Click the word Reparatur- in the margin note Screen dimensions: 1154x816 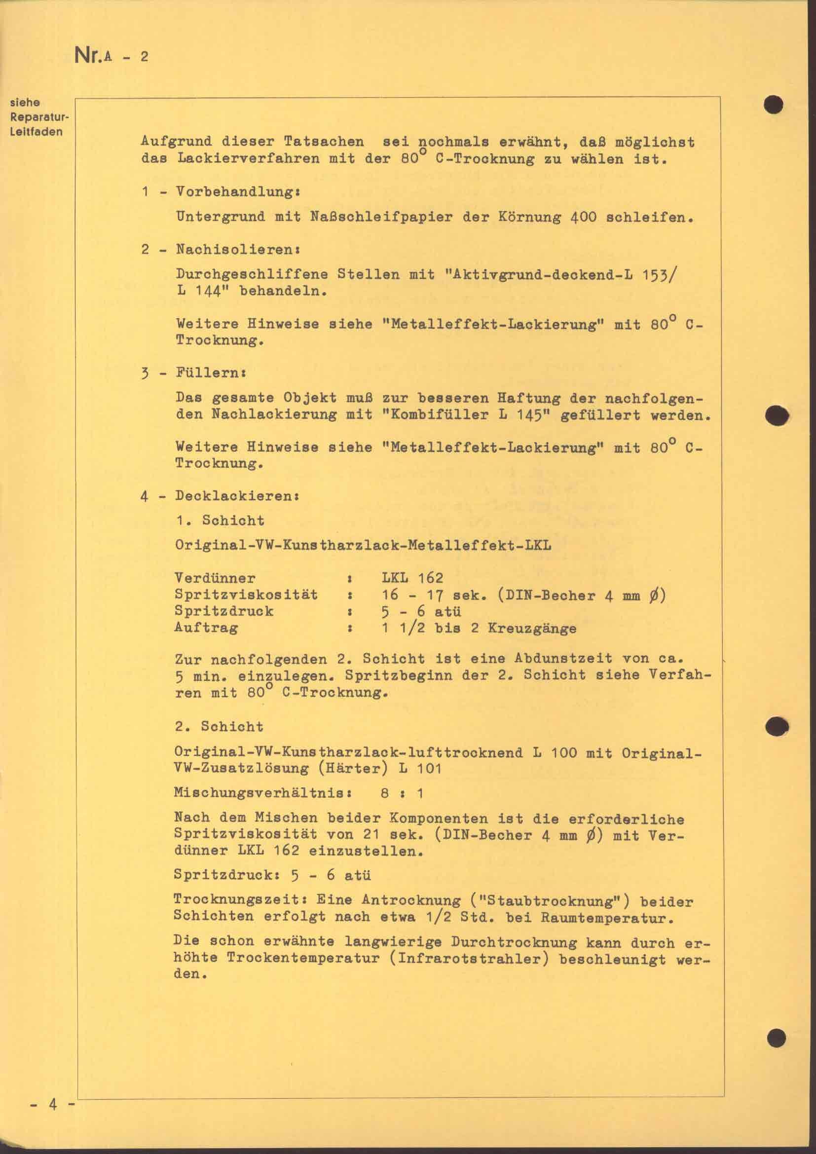[38, 117]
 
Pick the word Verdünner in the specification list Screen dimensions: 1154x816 [215, 579]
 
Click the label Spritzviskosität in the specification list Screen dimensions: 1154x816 [246, 595]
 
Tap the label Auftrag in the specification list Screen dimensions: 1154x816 [206, 628]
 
